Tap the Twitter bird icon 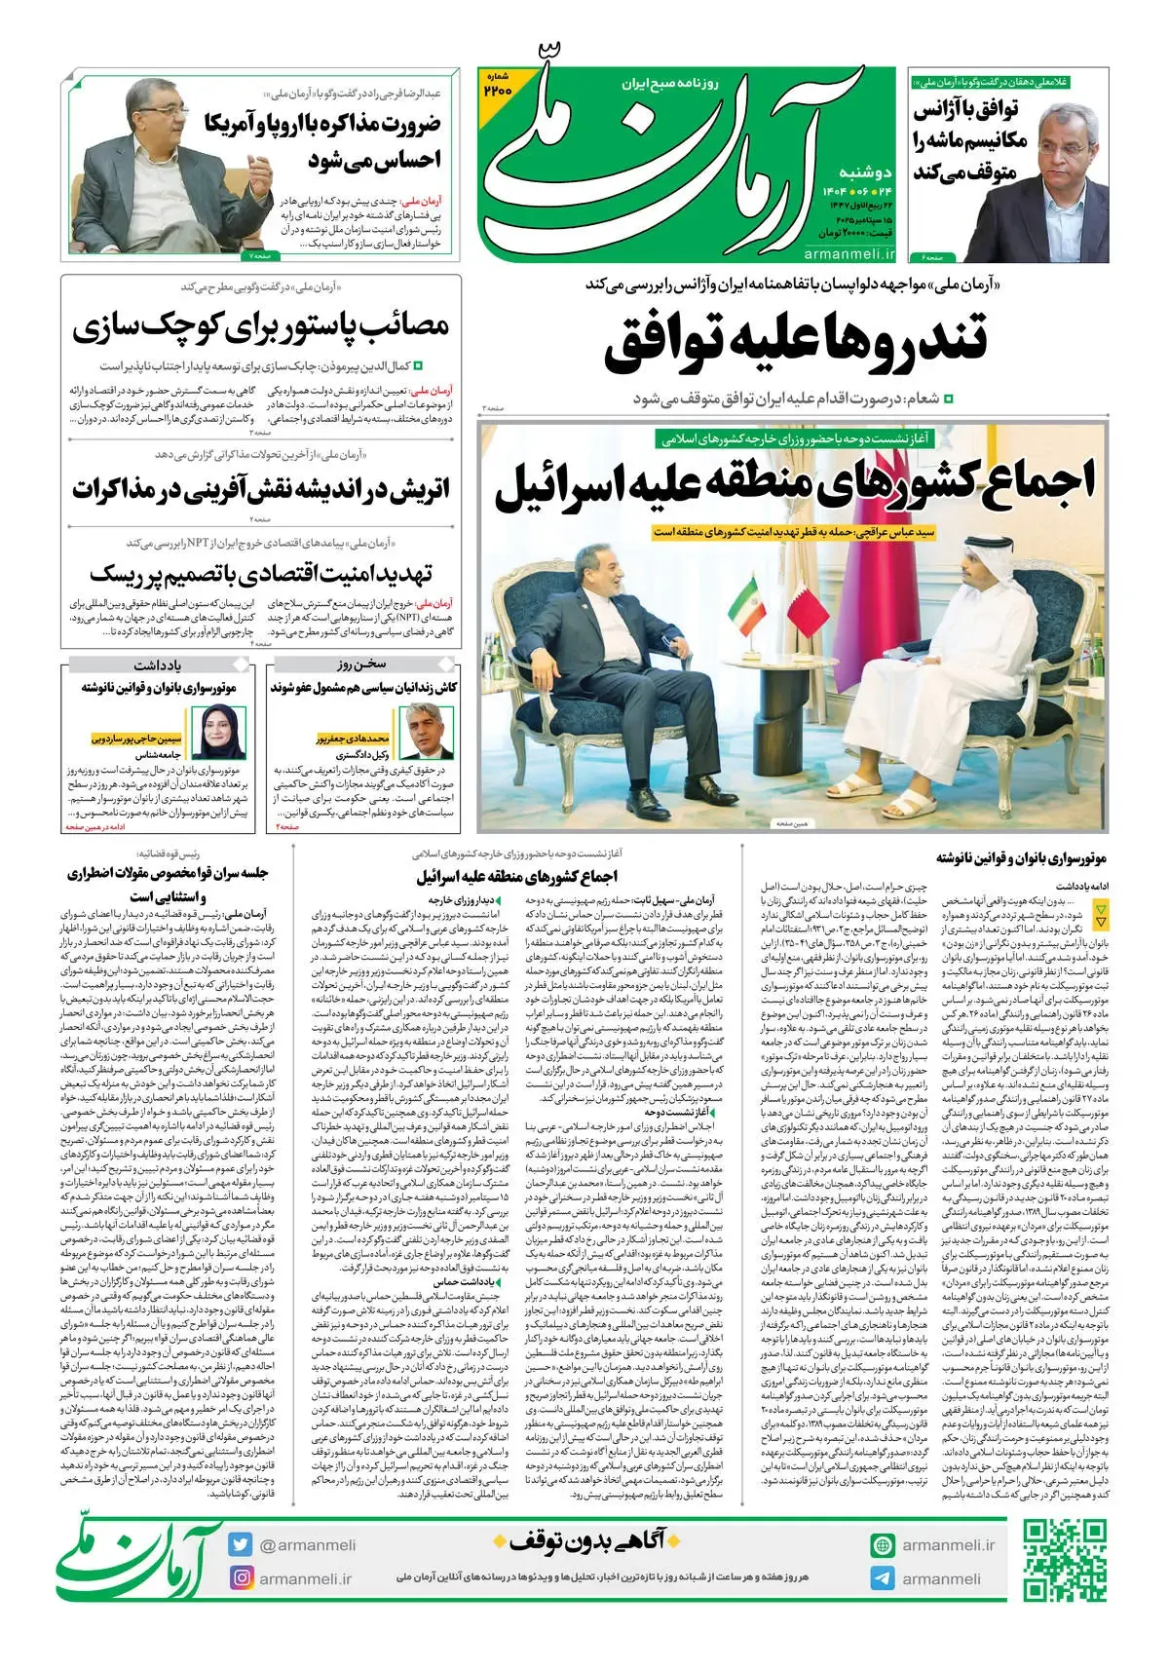tap(241, 1545)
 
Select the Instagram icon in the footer tap(241, 1577)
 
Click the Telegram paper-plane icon tap(883, 1579)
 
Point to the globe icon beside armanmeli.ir tap(883, 1545)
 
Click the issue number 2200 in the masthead tap(498, 87)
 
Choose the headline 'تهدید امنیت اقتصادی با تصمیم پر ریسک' tap(260, 573)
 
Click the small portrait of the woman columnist tap(217, 731)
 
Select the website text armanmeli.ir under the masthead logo tap(849, 253)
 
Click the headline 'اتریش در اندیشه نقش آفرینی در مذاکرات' tap(260, 490)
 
